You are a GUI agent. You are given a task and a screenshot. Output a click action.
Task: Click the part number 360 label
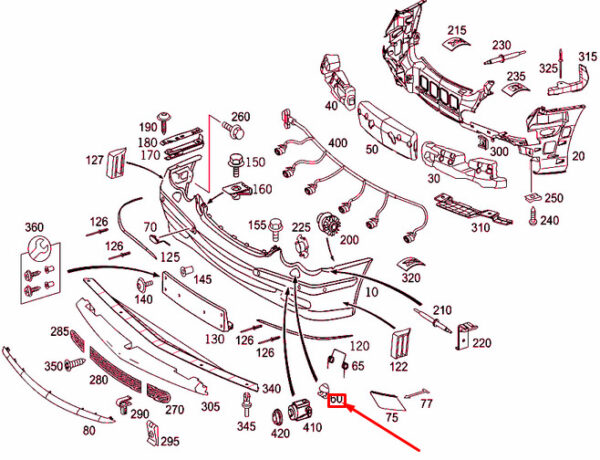click(34, 227)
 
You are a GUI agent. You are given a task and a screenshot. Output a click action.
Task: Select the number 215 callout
click(457, 30)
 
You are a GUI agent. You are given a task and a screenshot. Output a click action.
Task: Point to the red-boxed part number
click(336, 401)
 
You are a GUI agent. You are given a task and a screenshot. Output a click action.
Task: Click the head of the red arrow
click(347, 409)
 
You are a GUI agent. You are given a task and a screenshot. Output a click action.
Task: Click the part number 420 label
click(280, 434)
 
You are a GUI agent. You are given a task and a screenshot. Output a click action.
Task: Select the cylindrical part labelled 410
click(298, 410)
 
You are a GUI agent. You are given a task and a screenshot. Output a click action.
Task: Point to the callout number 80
click(89, 430)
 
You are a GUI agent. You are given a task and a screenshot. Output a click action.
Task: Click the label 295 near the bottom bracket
click(170, 441)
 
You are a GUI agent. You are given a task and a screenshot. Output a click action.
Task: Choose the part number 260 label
click(241, 116)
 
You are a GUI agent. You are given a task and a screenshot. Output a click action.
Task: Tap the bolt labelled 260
click(236, 131)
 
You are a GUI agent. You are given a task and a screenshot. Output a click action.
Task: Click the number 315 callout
click(586, 56)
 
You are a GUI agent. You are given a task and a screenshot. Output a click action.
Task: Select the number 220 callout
click(482, 343)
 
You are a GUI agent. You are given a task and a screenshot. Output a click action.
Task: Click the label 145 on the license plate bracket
click(202, 279)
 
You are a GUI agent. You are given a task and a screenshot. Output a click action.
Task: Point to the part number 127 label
click(94, 160)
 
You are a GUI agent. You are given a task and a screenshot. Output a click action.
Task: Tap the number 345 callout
click(246, 427)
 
